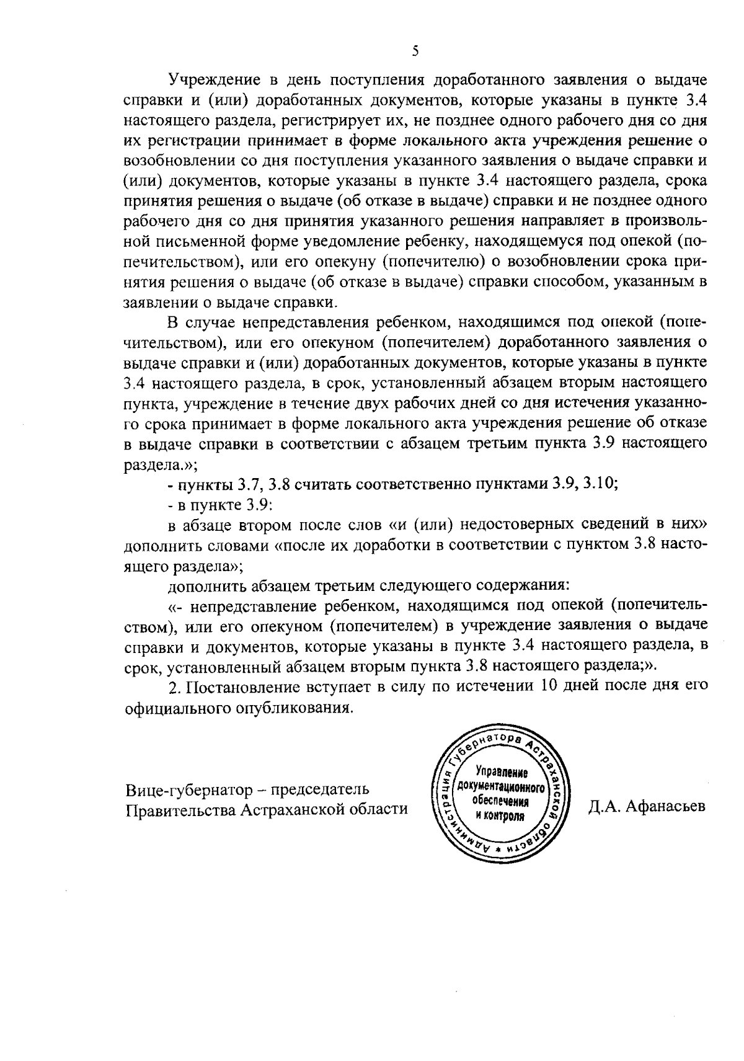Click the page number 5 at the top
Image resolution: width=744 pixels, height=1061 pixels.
pos(415,51)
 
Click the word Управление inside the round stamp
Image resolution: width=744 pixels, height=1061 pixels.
pos(501,773)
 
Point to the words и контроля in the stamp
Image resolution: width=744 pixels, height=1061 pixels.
pos(500,815)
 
